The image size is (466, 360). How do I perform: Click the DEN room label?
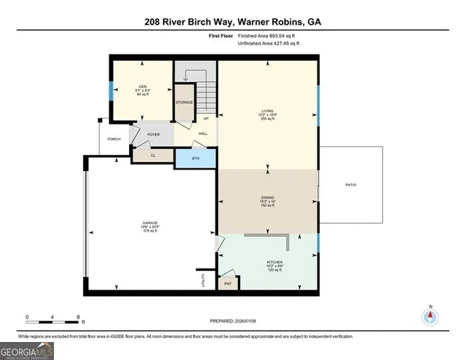[x=142, y=86]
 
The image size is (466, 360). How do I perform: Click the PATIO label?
[x=350, y=184]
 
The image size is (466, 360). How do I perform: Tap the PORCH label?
[x=114, y=139]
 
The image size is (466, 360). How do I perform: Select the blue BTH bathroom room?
[x=195, y=159]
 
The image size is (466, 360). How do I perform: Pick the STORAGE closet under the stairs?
[x=185, y=103]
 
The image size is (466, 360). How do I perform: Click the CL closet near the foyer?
[x=153, y=156]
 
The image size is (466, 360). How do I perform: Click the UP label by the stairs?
[x=206, y=118]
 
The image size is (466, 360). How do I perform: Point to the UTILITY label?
[x=203, y=280]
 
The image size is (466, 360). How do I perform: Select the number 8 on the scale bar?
[x=79, y=316]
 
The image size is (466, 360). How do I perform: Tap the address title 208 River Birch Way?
[x=233, y=22]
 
